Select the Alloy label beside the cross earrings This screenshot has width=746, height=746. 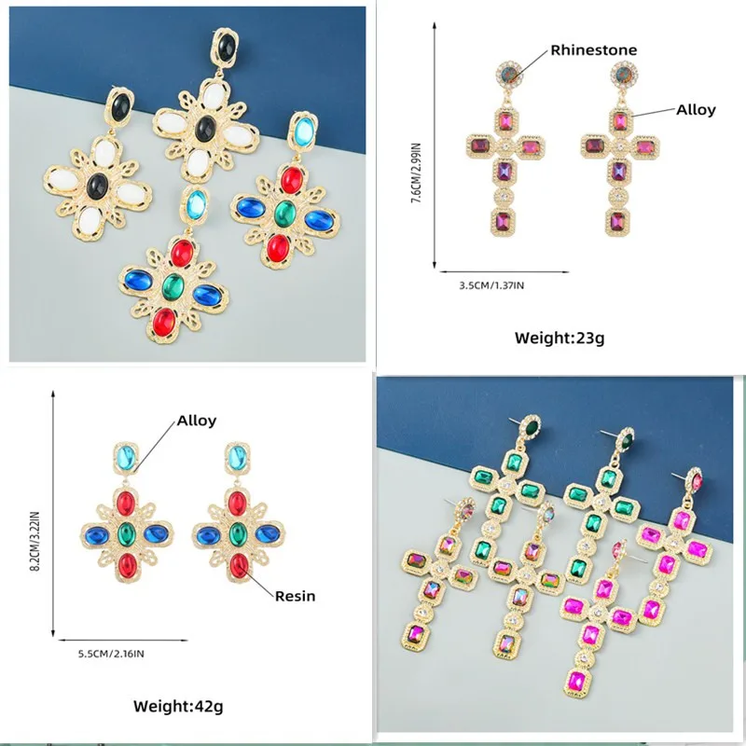[696, 109]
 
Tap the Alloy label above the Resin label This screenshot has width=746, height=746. [197, 420]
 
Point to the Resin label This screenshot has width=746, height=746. [295, 595]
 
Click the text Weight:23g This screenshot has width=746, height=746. [559, 338]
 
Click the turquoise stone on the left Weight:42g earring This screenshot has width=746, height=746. [127, 458]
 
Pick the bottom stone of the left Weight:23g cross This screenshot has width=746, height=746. [504, 222]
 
